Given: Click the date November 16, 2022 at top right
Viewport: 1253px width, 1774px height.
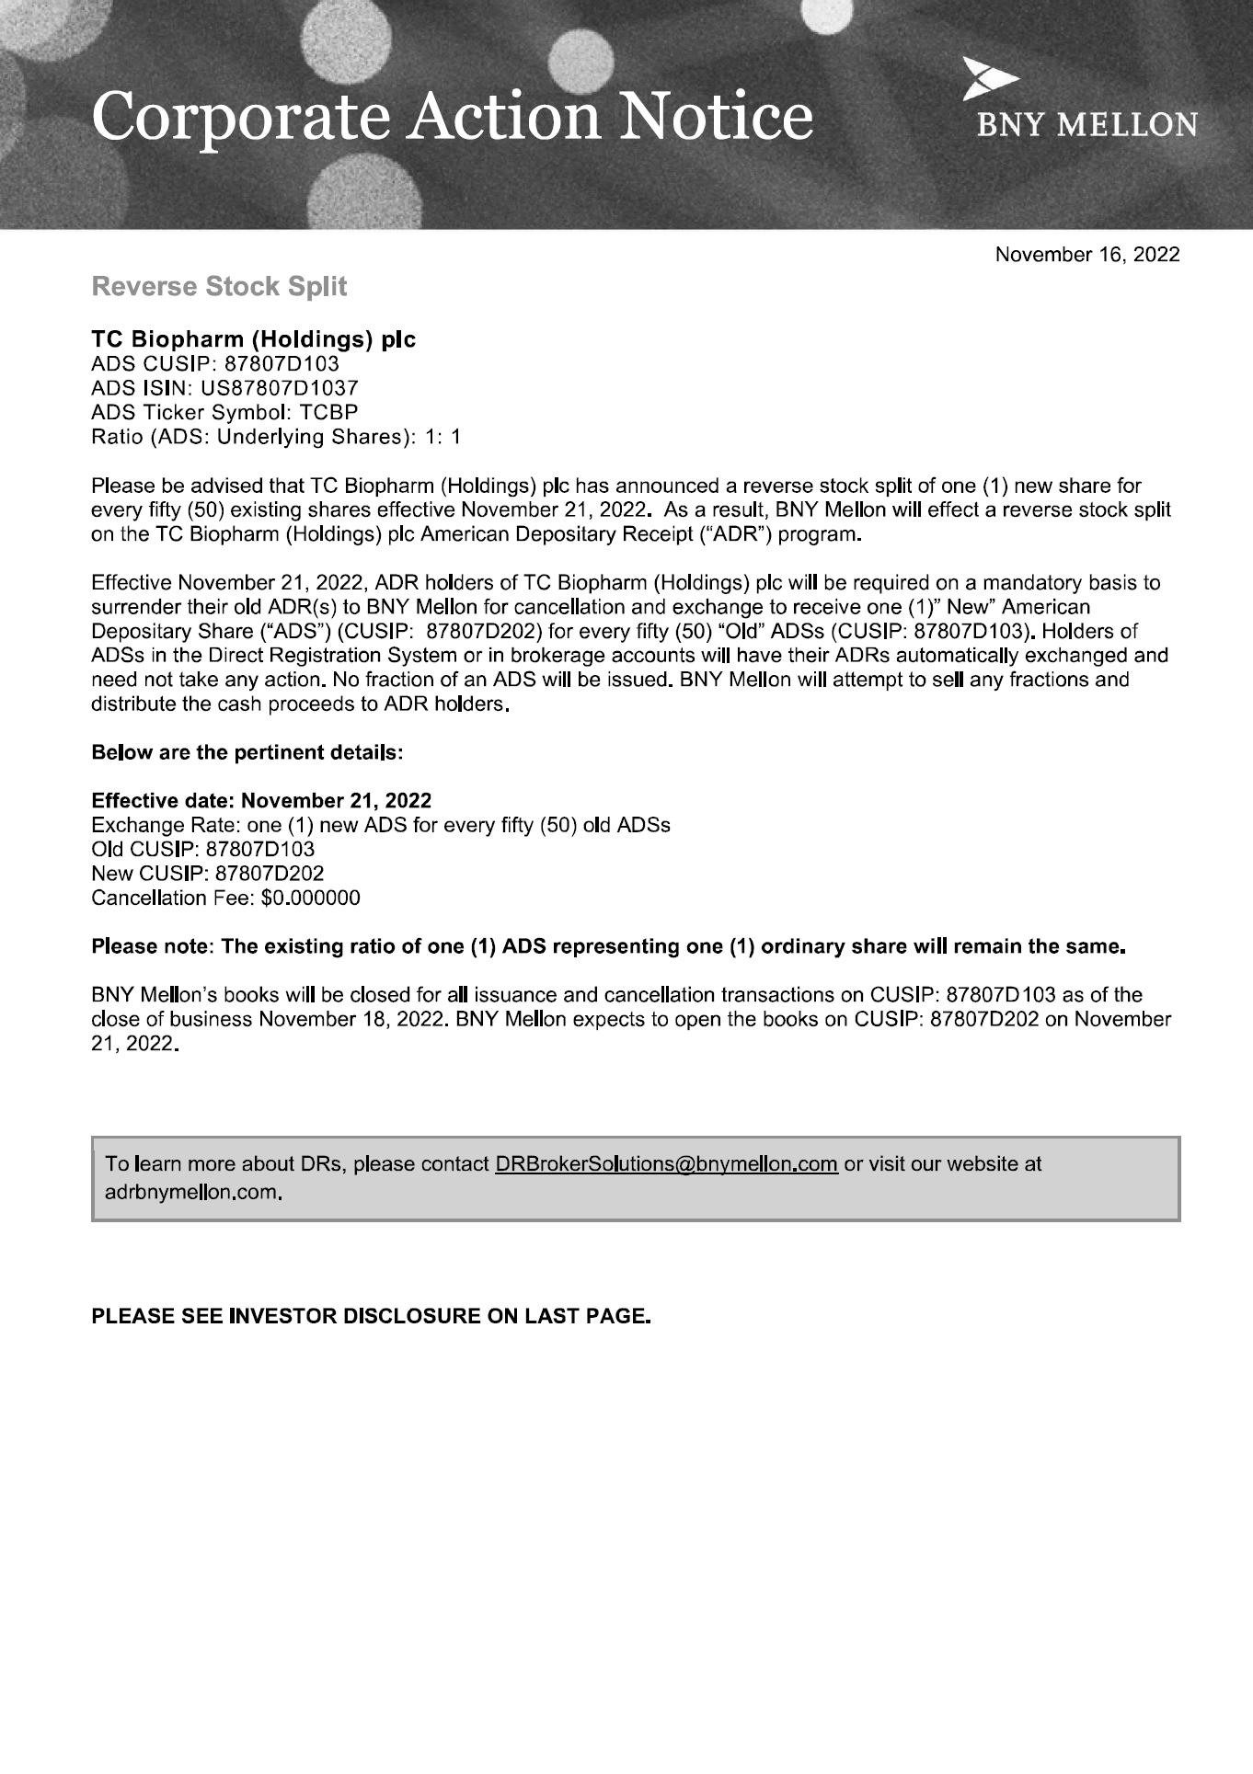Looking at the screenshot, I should coord(1086,255).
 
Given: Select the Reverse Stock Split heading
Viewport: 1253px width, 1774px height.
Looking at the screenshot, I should coord(219,287).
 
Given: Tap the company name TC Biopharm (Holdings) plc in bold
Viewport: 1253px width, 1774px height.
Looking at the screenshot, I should coord(253,339).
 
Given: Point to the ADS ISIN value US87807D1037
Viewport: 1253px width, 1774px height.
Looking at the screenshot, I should coord(280,388).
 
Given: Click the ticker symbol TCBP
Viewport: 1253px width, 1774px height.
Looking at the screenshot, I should coord(328,412).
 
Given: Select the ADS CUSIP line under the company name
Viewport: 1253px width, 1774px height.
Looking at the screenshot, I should coord(214,364).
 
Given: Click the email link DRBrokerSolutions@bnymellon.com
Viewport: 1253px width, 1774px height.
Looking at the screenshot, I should coord(665,1164).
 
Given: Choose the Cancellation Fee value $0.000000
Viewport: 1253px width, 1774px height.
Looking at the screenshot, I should coord(311,898).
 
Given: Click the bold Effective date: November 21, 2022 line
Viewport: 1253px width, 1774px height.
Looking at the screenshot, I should coord(261,800).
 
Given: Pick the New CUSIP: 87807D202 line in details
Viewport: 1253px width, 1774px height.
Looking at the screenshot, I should coord(207,874).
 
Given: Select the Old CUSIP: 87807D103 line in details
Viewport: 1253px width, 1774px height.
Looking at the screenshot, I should coord(202,849).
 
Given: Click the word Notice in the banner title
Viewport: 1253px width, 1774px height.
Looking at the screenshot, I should coord(717,117).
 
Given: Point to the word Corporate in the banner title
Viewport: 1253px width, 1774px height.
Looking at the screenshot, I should coord(242,117).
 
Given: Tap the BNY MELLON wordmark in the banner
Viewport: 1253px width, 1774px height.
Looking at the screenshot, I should coord(1086,125).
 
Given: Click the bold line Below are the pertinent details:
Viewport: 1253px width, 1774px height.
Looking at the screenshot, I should coord(247,752).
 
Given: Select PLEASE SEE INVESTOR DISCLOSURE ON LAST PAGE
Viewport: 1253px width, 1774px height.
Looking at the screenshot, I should coord(371,1316).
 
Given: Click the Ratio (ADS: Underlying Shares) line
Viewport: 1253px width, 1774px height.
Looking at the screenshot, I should coord(275,437).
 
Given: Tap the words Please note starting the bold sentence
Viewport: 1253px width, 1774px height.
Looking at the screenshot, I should coord(152,946).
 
